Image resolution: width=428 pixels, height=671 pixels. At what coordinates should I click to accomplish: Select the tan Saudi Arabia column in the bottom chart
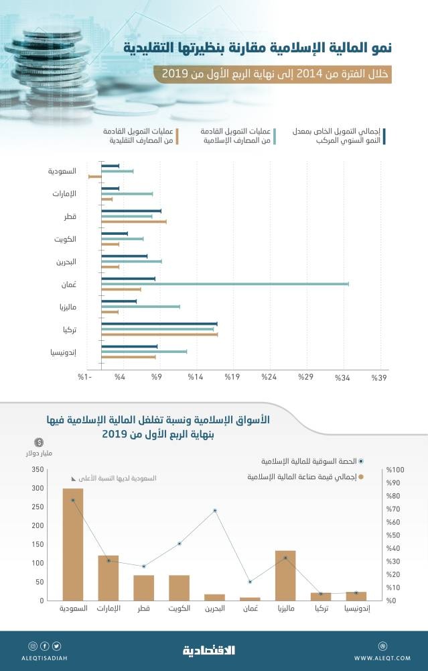tap(72, 544)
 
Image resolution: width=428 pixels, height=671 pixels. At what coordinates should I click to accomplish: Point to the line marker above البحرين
tap(215, 511)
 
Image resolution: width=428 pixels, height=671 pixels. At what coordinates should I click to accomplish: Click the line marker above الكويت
tap(180, 544)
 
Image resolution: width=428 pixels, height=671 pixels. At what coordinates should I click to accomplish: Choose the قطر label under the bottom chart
tap(143, 609)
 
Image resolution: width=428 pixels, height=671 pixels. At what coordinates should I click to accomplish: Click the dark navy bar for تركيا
tap(159, 323)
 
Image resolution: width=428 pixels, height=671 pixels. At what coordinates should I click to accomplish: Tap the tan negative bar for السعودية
tap(94, 176)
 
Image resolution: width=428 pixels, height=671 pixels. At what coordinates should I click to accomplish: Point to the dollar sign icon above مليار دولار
tap(40, 442)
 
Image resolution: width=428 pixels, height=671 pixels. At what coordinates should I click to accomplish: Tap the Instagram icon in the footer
tap(33, 646)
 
